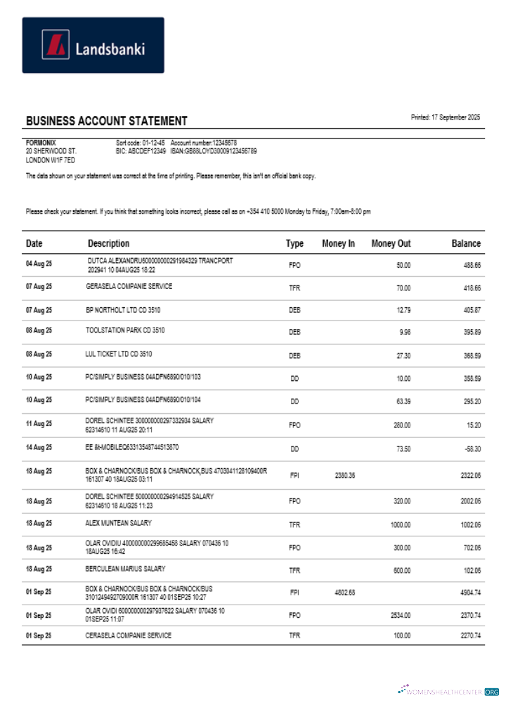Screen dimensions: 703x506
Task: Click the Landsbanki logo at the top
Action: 93,46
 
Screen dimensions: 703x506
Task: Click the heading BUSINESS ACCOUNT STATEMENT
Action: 107,121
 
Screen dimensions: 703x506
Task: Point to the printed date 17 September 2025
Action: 446,117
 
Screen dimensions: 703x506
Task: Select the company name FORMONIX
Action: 41,143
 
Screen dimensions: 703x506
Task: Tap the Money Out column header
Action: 391,244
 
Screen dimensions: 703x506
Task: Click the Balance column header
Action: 466,244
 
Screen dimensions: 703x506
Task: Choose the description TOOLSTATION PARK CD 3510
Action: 125,330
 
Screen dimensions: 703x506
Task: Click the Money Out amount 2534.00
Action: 401,616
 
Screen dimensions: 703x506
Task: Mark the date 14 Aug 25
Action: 39,447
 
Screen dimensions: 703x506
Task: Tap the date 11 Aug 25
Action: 39,424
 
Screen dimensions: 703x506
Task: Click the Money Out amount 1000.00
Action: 401,524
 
